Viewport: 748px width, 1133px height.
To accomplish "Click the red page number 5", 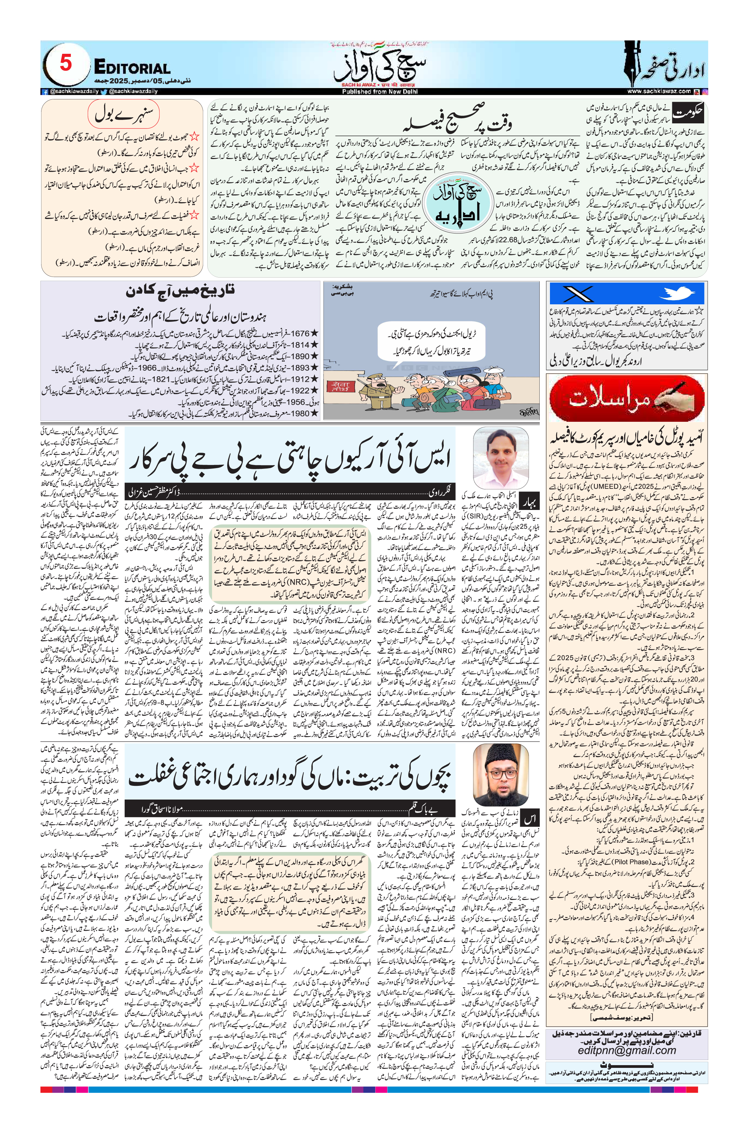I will (65, 63).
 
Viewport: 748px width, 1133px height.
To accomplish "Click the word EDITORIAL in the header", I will (132, 68).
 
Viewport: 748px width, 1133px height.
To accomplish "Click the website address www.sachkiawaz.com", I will (659, 91).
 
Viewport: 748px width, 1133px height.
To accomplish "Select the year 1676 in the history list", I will (300, 333).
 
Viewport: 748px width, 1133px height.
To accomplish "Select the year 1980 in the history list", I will (300, 413).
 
